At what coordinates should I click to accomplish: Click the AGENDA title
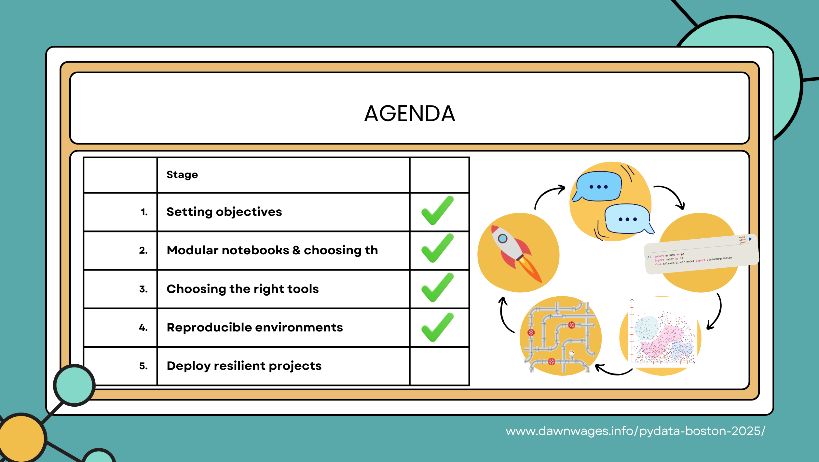point(409,114)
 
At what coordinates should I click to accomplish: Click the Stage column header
point(182,175)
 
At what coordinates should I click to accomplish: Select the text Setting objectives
point(224,212)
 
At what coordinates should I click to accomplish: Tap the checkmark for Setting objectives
point(437,211)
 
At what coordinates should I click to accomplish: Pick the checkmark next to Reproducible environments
point(437,328)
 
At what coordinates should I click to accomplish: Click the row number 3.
point(143,289)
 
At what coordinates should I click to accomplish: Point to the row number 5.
point(143,366)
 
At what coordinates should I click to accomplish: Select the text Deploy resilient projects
point(244,366)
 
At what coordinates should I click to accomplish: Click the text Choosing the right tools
point(242,289)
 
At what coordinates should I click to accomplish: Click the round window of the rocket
point(502,239)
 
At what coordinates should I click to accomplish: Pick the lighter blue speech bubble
point(627,219)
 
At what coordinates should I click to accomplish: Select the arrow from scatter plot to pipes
point(613,371)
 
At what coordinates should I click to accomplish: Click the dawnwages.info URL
point(635,431)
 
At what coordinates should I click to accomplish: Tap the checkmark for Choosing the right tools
point(437,288)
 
